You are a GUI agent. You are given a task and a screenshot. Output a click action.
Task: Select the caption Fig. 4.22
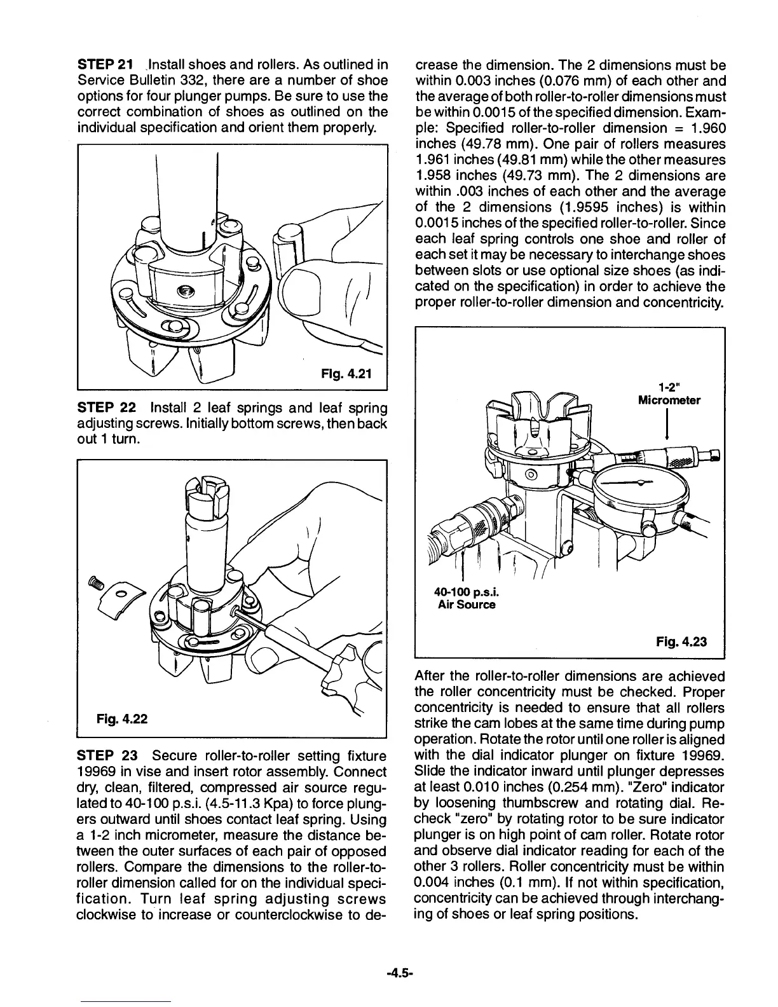click(x=123, y=719)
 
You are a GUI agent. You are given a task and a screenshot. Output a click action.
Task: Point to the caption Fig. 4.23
click(x=681, y=641)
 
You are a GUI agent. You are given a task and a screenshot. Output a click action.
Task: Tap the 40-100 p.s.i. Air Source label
click(x=467, y=598)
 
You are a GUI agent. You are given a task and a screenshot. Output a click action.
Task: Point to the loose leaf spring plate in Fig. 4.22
click(x=124, y=598)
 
